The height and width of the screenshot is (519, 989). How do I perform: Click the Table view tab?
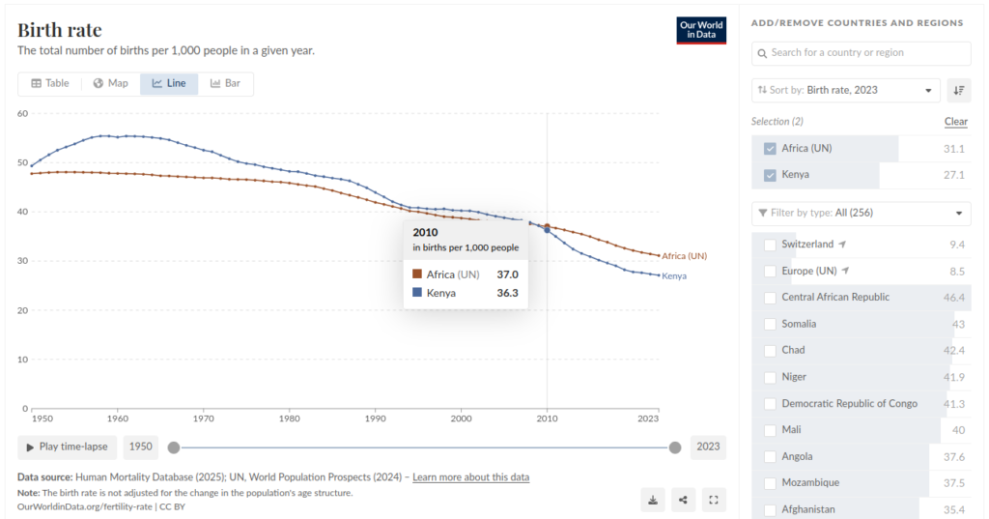pyautogui.click(x=50, y=83)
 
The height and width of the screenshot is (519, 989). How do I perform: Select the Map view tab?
pyautogui.click(x=110, y=83)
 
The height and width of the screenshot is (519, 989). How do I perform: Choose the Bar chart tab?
pyautogui.click(x=225, y=83)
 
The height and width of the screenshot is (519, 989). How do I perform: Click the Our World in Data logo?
pyautogui.click(x=700, y=30)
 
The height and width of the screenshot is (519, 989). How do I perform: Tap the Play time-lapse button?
pyautogui.click(x=68, y=447)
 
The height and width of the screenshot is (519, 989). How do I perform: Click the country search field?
pyautogui.click(x=861, y=52)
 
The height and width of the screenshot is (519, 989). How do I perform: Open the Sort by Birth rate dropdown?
pyautogui.click(x=845, y=90)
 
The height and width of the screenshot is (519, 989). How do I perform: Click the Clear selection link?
pyautogui.click(x=955, y=122)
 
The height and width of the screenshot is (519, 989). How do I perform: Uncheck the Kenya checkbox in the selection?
pyautogui.click(x=770, y=175)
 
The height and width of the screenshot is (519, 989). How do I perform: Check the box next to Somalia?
pyautogui.click(x=770, y=324)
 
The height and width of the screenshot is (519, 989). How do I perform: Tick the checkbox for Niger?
pyautogui.click(x=770, y=377)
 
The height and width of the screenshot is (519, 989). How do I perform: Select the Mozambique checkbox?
pyautogui.click(x=770, y=482)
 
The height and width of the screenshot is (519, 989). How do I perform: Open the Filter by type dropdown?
pyautogui.click(x=861, y=213)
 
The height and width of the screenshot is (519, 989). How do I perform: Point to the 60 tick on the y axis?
pyautogui.click(x=22, y=113)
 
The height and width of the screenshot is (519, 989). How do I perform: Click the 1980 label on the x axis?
pyautogui.click(x=289, y=419)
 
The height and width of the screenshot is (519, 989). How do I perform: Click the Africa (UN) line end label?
pyautogui.click(x=684, y=256)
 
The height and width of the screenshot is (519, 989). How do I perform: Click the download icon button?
pyautogui.click(x=653, y=500)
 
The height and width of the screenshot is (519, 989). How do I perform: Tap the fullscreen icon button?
pyautogui.click(x=714, y=500)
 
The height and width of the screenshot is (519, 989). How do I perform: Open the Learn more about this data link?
pyautogui.click(x=470, y=477)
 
